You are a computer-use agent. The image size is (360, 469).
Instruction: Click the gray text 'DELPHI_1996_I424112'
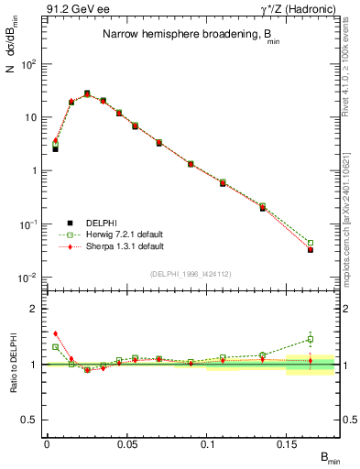click(x=189, y=272)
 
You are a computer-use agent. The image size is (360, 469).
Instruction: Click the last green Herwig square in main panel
click(x=311, y=243)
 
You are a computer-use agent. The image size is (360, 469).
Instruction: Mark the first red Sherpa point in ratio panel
click(x=55, y=333)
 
